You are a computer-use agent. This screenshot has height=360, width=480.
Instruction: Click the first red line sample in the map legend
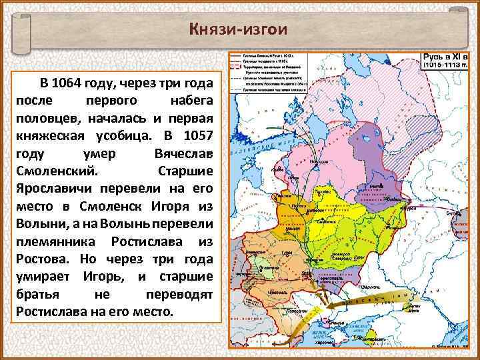coord(237,55)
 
